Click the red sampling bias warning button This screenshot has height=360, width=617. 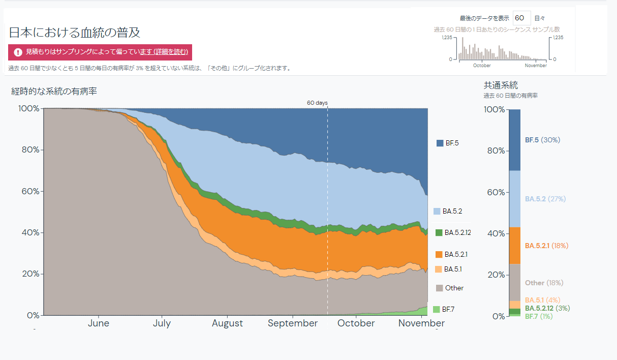click(100, 52)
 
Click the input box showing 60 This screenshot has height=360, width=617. click(521, 18)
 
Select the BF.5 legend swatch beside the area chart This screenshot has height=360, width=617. click(440, 143)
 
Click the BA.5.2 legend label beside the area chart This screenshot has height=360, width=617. click(452, 211)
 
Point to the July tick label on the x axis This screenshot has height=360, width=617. click(162, 323)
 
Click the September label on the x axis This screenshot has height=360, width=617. click(293, 323)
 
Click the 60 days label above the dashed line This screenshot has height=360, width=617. click(317, 103)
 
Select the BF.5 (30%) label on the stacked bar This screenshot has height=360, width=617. click(542, 140)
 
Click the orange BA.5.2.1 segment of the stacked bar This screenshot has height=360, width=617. click(514, 246)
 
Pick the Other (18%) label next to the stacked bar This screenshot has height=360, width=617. click(544, 283)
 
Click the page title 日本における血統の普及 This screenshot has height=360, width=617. click(75, 33)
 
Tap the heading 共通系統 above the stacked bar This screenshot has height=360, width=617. click(501, 85)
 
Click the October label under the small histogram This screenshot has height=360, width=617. click(482, 66)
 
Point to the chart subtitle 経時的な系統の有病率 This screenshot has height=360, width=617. click(54, 92)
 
